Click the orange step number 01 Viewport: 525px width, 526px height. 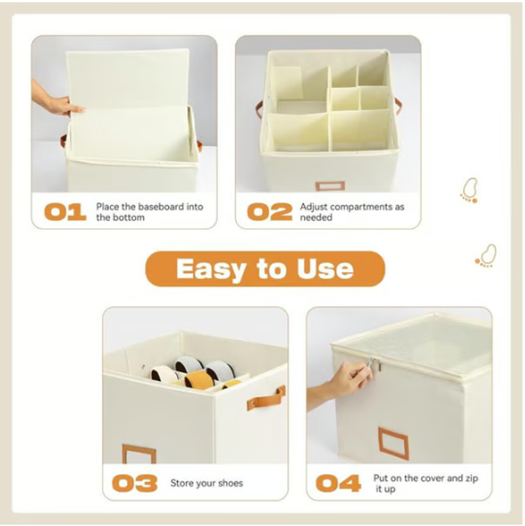[65, 212]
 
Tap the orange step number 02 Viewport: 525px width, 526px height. [270, 212]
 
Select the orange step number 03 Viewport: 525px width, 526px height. [135, 483]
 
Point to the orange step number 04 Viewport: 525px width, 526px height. [339, 483]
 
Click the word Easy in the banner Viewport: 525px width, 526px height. [211, 269]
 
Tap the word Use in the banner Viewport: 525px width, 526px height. [325, 269]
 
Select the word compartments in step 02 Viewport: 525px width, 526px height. [360, 208]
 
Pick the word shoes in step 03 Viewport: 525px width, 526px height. [230, 483]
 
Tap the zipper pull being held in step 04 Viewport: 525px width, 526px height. [373, 364]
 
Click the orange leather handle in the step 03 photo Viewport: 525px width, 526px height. [266, 399]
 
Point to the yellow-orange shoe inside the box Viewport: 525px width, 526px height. [199, 378]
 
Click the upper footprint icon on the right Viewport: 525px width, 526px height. [469, 190]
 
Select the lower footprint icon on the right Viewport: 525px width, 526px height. [486, 255]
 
